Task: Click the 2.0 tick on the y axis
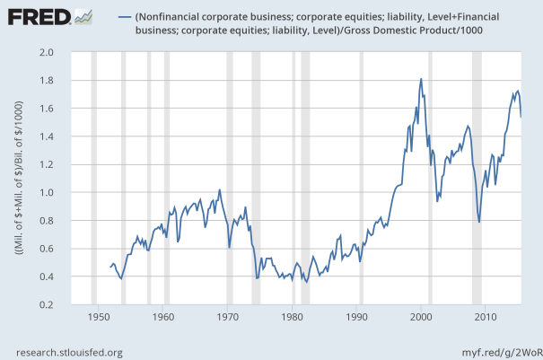point(71,52)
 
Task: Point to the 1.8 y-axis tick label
point(71,81)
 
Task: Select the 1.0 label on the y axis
point(71,193)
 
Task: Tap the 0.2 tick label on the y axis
point(71,305)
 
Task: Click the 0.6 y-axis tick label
point(71,249)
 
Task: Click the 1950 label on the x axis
point(98,317)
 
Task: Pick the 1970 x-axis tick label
point(227,317)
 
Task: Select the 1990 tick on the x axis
point(357,317)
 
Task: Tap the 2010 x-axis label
point(486,317)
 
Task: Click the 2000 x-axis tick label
point(422,317)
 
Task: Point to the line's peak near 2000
point(421,79)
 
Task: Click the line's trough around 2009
point(479,222)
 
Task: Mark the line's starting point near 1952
point(110,267)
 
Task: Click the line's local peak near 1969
point(220,189)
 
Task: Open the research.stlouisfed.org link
point(66,352)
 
